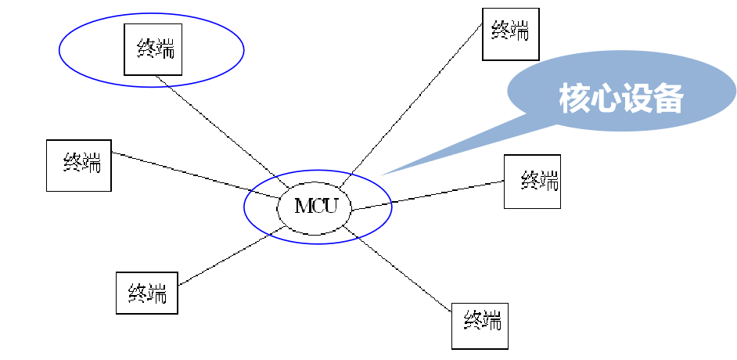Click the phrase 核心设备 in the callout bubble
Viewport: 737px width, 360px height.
tap(622, 99)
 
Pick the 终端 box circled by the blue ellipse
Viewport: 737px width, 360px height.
tap(153, 49)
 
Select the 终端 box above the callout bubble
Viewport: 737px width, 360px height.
tap(510, 34)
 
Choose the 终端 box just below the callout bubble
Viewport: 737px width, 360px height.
tap(532, 182)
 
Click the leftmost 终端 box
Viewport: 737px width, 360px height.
tap(78, 165)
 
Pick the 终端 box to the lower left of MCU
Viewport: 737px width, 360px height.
tap(147, 293)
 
